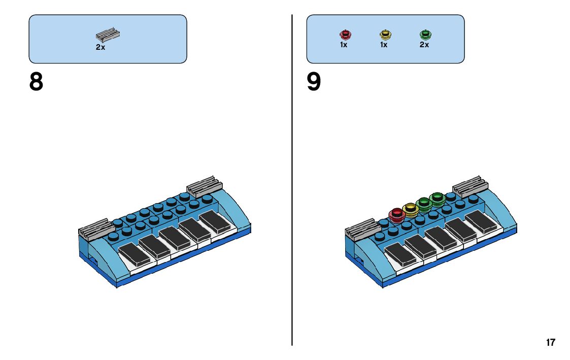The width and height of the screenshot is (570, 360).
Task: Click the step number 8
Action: point(36,82)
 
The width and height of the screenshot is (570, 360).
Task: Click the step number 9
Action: point(314,82)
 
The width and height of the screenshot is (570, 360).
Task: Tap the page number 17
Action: point(551,342)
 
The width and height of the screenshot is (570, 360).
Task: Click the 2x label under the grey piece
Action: point(100,47)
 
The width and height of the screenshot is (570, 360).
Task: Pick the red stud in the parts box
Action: point(345,35)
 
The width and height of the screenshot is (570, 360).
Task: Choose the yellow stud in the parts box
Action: point(385,35)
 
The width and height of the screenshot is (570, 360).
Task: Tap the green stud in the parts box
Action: point(425,35)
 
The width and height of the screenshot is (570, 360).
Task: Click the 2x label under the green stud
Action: point(424,45)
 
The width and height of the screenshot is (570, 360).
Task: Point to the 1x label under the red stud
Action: point(344,45)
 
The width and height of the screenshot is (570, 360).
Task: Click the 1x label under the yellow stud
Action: point(384,45)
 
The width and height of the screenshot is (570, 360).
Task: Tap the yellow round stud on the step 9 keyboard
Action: point(410,209)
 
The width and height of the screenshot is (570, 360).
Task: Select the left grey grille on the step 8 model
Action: point(94,230)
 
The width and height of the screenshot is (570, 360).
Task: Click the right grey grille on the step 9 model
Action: point(471,186)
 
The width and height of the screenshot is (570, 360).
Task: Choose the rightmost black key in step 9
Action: point(483,221)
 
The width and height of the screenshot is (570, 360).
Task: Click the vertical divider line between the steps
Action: point(292,203)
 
